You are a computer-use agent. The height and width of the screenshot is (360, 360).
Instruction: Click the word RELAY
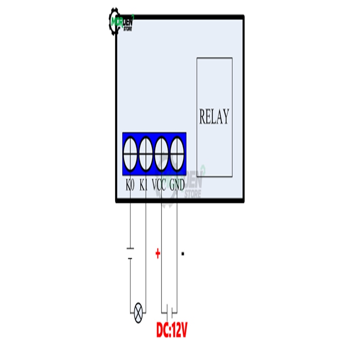(214, 117)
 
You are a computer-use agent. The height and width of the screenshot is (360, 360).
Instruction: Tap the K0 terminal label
(130, 184)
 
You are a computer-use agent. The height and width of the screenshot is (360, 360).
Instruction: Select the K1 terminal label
(144, 184)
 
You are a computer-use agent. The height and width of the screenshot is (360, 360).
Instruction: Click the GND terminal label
(177, 184)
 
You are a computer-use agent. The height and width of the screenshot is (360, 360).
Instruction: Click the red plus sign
(157, 254)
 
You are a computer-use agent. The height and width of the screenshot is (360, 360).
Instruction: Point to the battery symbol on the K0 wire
(130, 253)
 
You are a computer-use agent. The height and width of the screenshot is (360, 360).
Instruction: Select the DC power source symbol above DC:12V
(169, 310)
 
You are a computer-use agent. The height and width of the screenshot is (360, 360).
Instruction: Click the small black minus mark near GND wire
(183, 254)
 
